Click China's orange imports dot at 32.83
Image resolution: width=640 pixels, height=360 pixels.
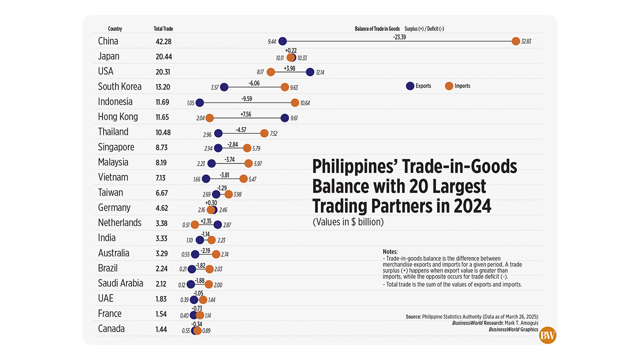point(515,41)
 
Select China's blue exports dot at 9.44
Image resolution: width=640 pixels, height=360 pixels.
point(282,41)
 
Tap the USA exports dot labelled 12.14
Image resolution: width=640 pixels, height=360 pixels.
point(310,72)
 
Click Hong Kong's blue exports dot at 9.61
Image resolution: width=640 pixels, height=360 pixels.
point(284,118)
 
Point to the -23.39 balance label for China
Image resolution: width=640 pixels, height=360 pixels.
point(399,36)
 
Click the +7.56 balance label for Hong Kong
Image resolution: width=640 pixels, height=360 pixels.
point(245,113)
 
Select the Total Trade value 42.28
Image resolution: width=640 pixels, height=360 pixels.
point(163,41)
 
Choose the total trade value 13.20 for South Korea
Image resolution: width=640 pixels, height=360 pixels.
point(163,87)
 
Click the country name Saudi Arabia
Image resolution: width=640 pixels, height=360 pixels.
point(120,283)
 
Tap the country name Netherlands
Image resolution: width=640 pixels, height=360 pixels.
point(119,222)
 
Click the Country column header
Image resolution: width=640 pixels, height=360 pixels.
point(115,29)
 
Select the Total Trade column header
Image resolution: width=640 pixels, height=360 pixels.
point(163,29)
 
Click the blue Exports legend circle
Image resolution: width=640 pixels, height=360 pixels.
point(410,85)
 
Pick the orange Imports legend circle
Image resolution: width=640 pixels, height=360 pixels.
point(449,85)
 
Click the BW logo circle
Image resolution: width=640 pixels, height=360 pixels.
point(547,335)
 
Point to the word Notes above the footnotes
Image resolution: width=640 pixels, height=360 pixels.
point(389,251)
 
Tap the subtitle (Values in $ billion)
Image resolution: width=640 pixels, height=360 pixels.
point(348,222)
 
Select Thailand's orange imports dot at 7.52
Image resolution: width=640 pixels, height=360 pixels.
point(264,133)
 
